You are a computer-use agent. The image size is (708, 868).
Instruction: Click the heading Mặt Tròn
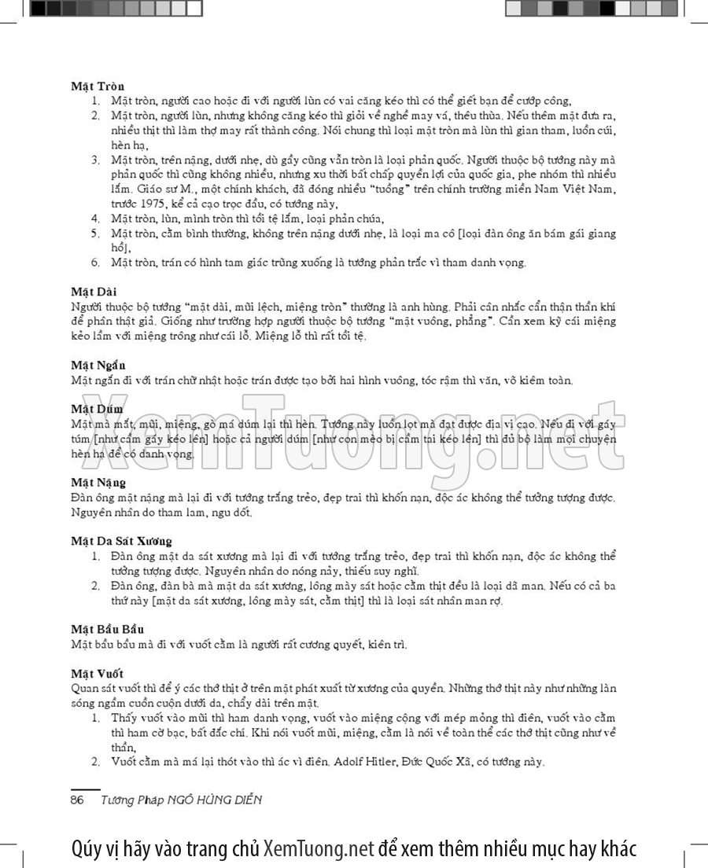click(98, 86)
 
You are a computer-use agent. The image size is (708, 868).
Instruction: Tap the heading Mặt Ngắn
click(98, 366)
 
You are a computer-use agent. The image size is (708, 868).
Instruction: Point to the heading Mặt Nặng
click(98, 483)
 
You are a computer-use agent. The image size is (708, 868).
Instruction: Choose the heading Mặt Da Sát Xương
click(122, 542)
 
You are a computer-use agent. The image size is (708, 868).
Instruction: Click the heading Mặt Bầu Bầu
click(108, 630)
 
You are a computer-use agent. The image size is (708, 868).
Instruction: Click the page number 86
click(77, 800)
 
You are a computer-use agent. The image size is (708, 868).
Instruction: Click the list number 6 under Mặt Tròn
click(95, 263)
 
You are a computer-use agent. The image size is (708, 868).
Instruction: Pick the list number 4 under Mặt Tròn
click(95, 219)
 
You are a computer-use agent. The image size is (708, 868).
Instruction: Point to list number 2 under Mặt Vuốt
click(95, 763)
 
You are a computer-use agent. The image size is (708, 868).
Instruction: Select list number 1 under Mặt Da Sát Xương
click(95, 557)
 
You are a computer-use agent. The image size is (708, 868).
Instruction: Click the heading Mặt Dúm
click(97, 410)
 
